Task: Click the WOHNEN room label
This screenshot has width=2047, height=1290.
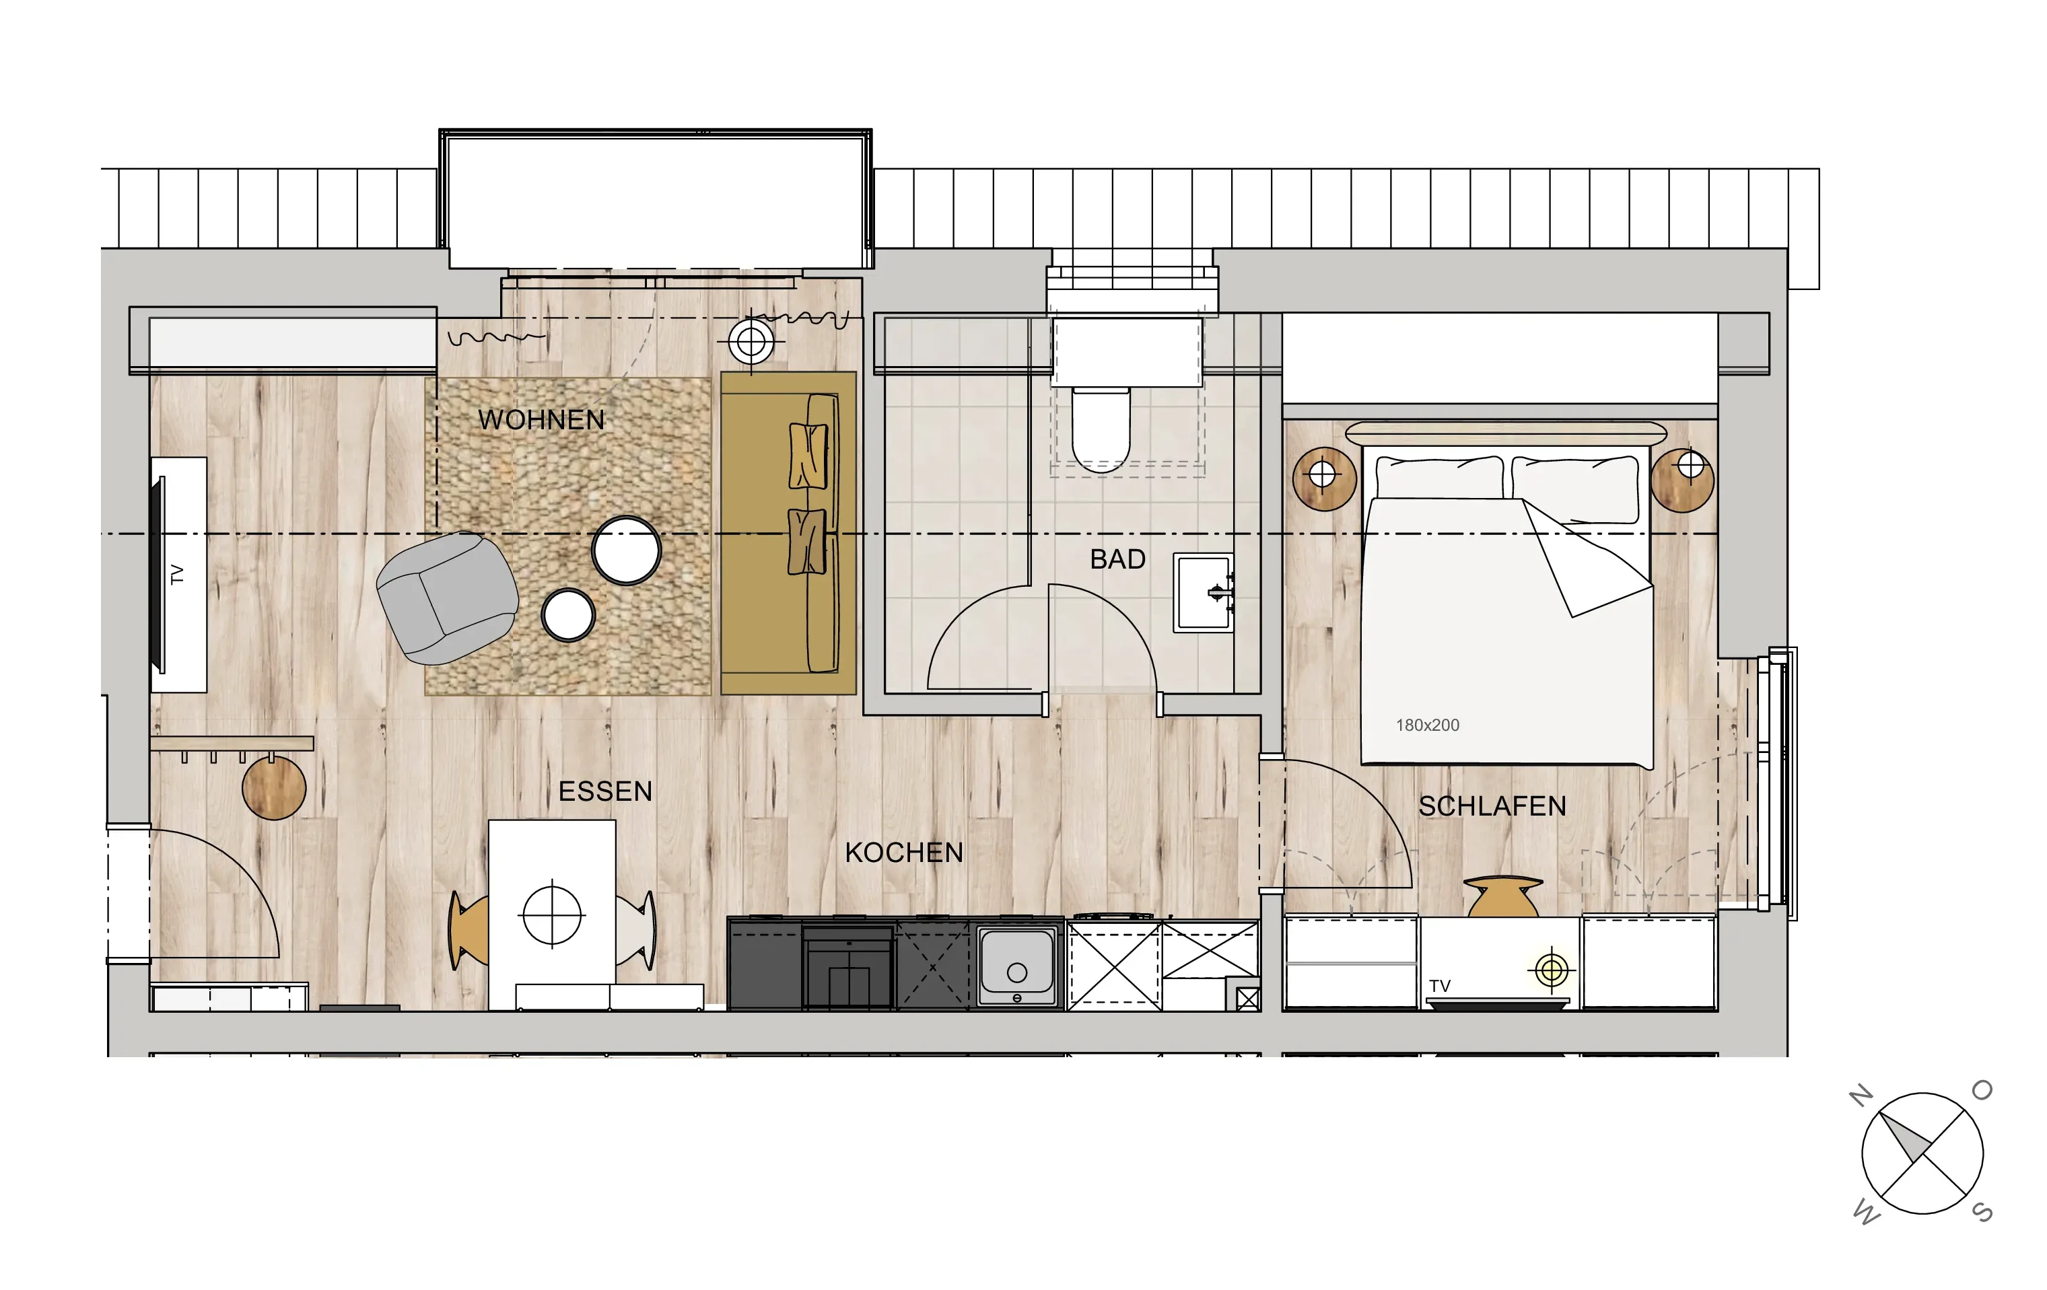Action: [541, 420]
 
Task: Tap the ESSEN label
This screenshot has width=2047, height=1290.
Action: [605, 792]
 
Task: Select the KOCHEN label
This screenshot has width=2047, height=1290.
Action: [903, 853]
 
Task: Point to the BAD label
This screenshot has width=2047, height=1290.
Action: [1118, 559]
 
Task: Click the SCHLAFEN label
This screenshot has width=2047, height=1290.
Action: [1492, 806]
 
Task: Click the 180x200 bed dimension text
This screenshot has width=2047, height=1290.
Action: [1427, 725]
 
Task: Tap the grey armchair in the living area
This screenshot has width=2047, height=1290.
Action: [447, 598]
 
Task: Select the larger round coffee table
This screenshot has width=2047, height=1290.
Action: [627, 550]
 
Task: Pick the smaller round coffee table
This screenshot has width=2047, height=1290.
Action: [568, 614]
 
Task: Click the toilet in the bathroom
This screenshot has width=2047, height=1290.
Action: [1101, 429]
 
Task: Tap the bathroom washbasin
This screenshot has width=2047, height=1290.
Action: [1204, 592]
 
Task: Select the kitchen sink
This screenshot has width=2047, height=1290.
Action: [1016, 966]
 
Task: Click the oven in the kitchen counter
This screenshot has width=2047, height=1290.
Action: [847, 966]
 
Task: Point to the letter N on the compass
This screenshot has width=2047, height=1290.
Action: [1862, 1096]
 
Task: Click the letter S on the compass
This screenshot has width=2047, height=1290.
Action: [1982, 1212]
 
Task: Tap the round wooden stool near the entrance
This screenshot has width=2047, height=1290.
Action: [274, 789]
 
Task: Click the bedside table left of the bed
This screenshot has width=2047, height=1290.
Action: [1323, 478]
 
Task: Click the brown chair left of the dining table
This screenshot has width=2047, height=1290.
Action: [469, 931]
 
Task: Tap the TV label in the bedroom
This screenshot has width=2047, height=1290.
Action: [1439, 986]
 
